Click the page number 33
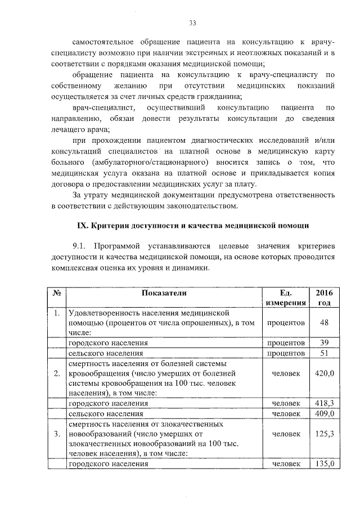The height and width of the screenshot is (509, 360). (192, 23)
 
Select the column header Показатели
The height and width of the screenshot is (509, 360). (164, 292)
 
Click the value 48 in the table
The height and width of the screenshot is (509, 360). (324, 323)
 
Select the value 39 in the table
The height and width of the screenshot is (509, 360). (324, 343)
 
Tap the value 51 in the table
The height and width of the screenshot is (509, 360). (324, 353)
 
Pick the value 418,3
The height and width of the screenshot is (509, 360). (324, 403)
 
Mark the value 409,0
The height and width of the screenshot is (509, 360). (324, 413)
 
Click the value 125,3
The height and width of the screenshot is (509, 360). (324, 434)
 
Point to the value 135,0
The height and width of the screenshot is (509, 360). (324, 464)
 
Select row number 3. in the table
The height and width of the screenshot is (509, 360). (57, 434)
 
